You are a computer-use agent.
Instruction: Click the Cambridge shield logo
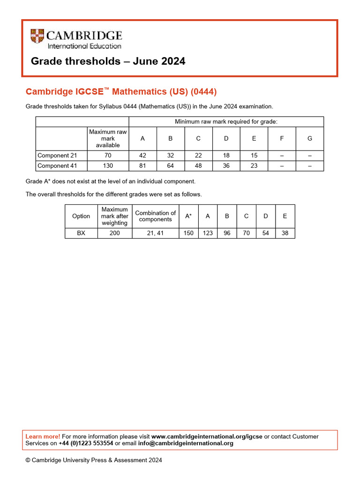(37, 37)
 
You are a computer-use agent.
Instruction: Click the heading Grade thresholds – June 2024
(108, 61)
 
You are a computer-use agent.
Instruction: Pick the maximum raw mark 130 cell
(108, 166)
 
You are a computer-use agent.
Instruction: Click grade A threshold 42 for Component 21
(142, 156)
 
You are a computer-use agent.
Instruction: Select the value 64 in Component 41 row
(170, 166)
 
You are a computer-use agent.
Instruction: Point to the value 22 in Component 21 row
(198, 156)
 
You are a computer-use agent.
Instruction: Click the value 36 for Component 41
(226, 166)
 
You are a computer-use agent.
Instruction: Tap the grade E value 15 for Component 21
(254, 156)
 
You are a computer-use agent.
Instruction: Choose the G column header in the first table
(309, 139)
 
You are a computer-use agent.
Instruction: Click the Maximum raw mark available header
(108, 139)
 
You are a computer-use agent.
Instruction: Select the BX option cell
(81, 233)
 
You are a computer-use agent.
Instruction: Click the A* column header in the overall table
(188, 216)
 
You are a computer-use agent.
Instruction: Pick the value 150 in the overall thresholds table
(188, 233)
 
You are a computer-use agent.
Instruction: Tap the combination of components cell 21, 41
(156, 233)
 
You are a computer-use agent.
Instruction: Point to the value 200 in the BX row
(114, 233)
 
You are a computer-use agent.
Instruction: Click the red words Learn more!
(43, 437)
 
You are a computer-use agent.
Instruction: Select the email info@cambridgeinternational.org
(185, 443)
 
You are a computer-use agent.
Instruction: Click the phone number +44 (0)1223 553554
(86, 443)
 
